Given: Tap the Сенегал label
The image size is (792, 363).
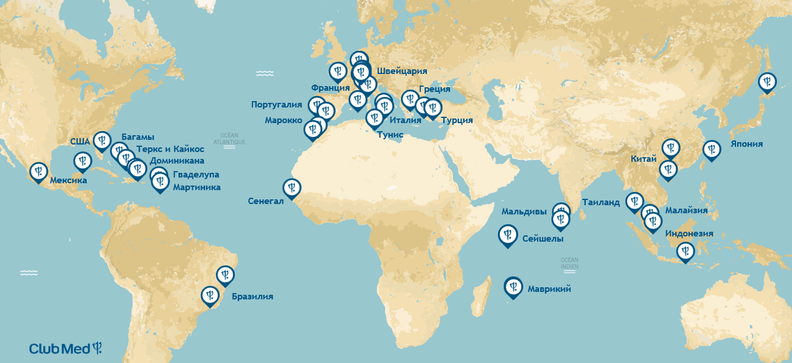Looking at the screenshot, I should (x=266, y=201).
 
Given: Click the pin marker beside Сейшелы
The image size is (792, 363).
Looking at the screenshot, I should (x=508, y=235).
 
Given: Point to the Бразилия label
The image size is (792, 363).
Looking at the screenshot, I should (x=252, y=297).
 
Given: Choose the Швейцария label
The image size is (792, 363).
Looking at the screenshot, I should (x=401, y=71).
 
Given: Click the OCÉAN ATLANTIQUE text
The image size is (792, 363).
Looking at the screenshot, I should (x=229, y=138).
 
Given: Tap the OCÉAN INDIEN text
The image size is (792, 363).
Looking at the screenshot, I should (x=569, y=264).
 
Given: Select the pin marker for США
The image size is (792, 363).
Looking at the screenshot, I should (x=102, y=140).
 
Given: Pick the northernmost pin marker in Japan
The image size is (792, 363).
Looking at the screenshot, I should (x=767, y=82).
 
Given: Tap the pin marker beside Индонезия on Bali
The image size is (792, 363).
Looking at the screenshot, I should (x=685, y=251).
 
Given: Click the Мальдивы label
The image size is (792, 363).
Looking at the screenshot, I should (x=523, y=212).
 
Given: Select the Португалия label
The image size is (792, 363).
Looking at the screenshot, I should (x=277, y=105).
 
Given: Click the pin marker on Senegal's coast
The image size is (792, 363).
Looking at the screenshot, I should (x=291, y=188).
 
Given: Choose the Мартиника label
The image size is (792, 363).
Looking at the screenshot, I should (x=196, y=187).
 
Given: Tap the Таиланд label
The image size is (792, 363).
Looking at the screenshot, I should (x=601, y=202).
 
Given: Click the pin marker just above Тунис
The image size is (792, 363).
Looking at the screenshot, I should (x=374, y=118).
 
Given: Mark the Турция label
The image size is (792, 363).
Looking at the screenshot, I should (x=456, y=120).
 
